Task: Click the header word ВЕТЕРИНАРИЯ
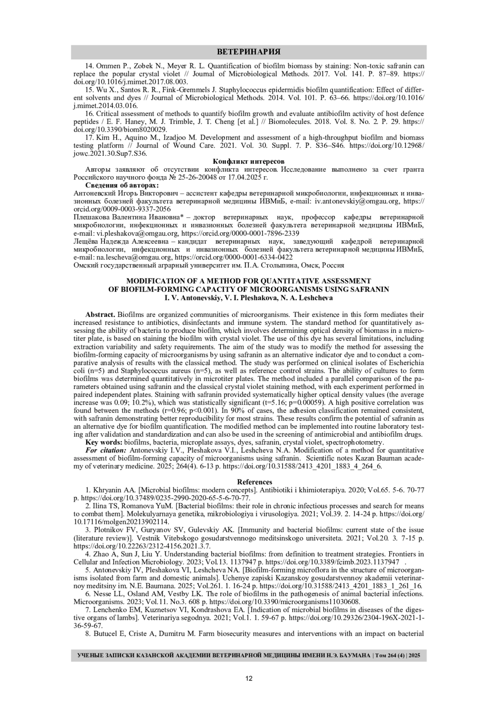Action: (x=249, y=52)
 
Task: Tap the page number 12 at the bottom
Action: (x=249, y=678)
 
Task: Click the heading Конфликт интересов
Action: (x=249, y=161)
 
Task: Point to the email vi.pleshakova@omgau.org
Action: (x=138, y=233)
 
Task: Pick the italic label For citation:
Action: (x=106, y=450)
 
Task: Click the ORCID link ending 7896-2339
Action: (x=240, y=233)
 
